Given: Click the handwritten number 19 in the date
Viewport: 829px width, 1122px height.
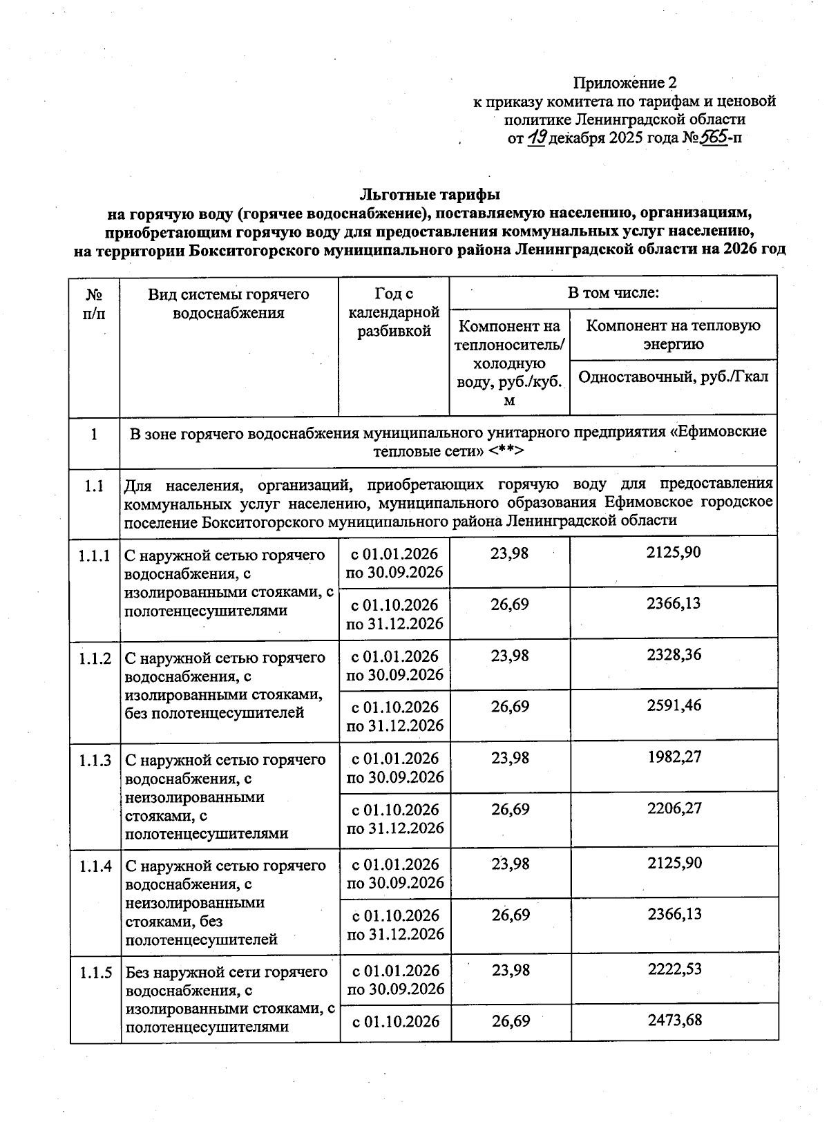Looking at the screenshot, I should coord(537,137).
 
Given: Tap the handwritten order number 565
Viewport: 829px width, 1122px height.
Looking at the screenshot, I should coord(714,137).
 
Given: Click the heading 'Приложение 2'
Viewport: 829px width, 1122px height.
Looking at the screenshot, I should coord(625,84).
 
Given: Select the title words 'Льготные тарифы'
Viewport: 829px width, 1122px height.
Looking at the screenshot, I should coord(430,195).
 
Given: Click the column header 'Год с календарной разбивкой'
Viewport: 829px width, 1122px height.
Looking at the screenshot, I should coord(394,313).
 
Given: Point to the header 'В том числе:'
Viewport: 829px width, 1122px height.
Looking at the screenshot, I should coord(613,293).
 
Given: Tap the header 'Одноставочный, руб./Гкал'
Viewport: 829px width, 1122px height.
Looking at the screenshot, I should coord(673,377).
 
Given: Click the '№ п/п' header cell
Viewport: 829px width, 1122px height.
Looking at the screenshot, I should coord(95,303).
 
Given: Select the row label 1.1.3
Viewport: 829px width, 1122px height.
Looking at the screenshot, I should coord(95,761).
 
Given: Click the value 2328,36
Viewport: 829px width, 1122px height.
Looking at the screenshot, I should coord(674,654).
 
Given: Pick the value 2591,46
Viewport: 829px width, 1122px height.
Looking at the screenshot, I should coord(674,705).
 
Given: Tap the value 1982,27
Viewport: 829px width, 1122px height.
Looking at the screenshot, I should coord(674,757).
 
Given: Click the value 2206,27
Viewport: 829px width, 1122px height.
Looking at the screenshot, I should coord(674,808).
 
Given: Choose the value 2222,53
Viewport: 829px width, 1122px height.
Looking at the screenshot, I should coord(674,969).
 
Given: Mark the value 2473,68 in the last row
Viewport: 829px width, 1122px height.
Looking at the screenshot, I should coord(674,1020).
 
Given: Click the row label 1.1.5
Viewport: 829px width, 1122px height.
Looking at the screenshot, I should coord(95,973).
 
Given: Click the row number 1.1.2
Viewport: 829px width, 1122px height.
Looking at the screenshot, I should coord(95,658).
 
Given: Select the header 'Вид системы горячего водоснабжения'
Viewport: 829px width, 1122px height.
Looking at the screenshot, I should coord(229,303).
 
